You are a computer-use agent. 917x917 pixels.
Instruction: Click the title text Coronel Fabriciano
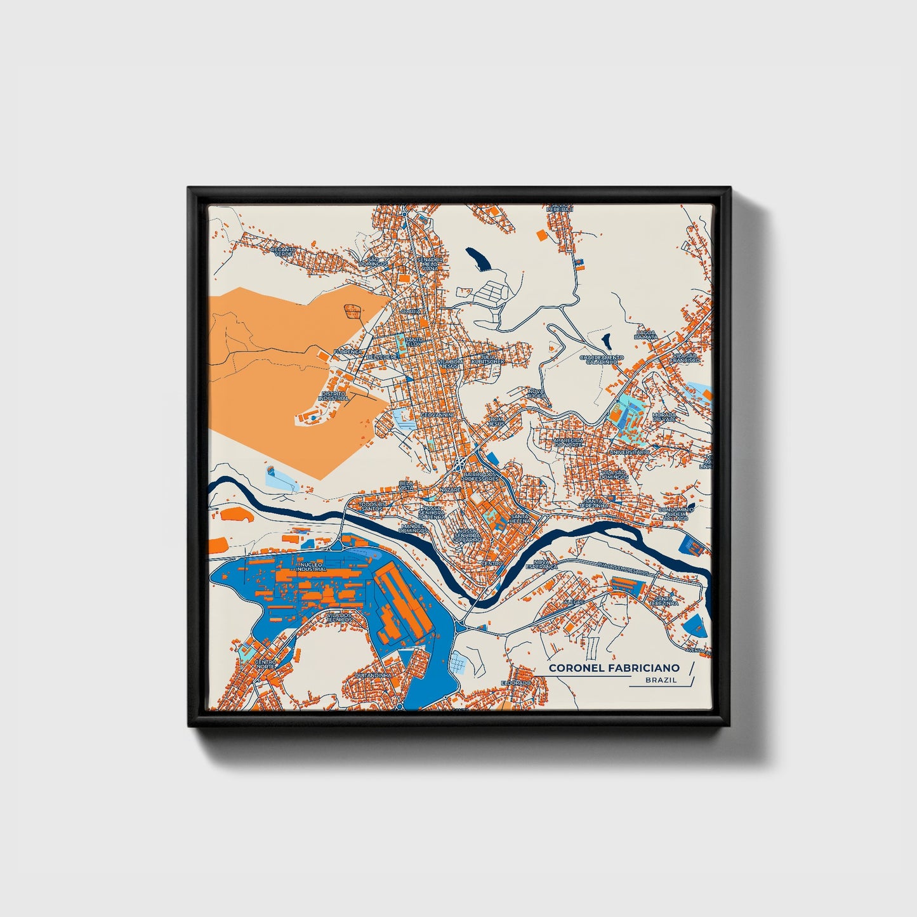click(x=614, y=668)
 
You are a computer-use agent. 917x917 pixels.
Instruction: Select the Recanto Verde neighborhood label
click(x=283, y=252)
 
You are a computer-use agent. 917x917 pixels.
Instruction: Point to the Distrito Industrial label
click(x=334, y=396)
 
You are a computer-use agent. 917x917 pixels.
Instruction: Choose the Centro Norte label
click(x=266, y=664)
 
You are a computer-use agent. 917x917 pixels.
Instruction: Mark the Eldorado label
click(x=515, y=682)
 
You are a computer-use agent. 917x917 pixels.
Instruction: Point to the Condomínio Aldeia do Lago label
click(x=676, y=514)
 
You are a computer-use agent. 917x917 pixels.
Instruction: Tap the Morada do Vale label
click(x=664, y=418)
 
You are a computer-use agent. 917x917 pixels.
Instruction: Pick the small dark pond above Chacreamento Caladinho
click(x=607, y=341)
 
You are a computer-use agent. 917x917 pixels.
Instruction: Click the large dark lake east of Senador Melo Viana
click(x=477, y=258)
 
